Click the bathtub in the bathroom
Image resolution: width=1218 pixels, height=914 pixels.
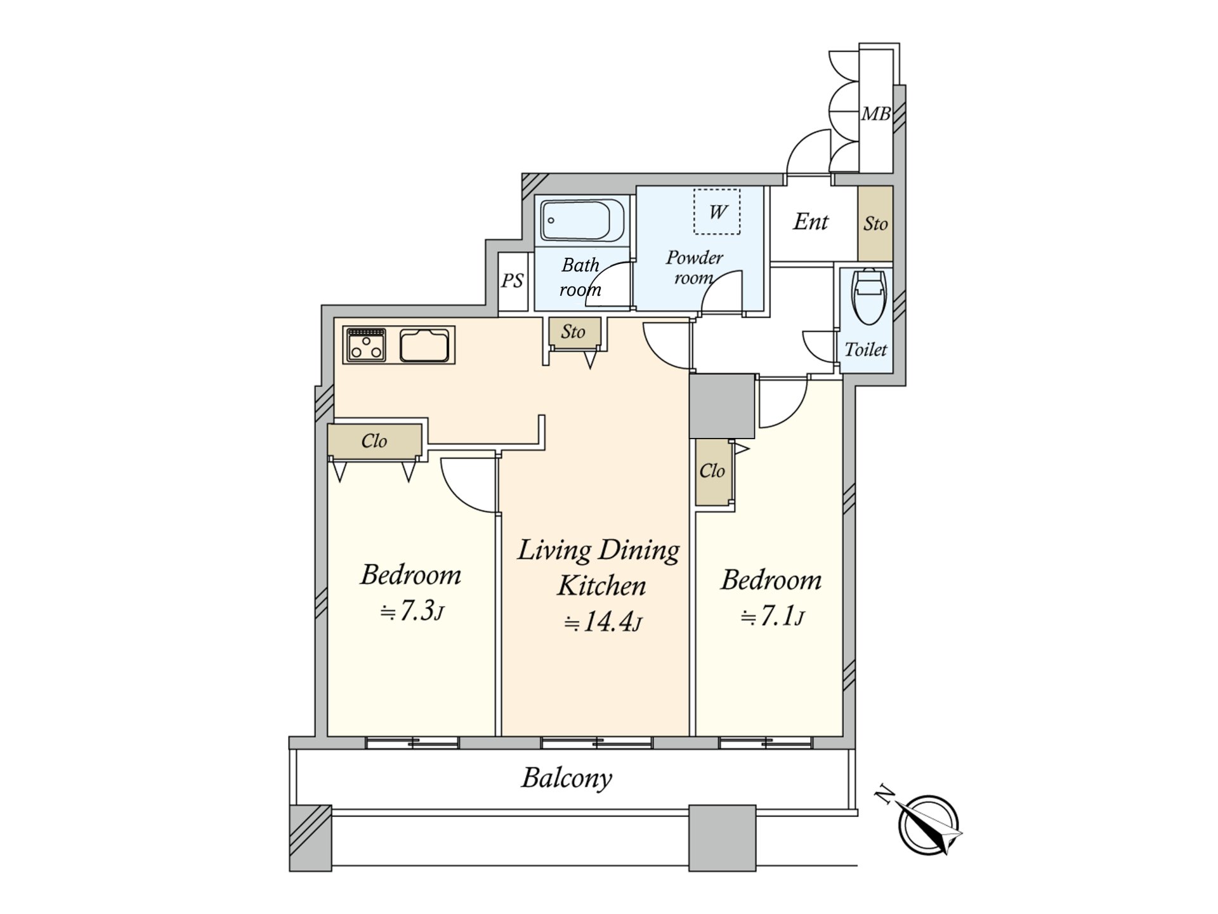point(582,220)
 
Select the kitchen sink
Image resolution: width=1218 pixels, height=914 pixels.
point(424,345)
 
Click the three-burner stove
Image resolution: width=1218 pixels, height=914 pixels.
point(367,345)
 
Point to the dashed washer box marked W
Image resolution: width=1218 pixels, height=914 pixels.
point(717,212)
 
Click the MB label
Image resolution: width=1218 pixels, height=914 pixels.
point(876,114)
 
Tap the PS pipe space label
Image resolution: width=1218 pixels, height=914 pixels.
point(513,281)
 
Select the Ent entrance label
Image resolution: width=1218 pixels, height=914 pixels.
point(811,222)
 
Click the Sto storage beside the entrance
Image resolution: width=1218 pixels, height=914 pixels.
point(875,223)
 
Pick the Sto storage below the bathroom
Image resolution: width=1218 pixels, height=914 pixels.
point(573,331)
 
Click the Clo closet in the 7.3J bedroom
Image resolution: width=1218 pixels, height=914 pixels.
point(374,440)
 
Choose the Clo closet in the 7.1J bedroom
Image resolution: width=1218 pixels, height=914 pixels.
point(712,472)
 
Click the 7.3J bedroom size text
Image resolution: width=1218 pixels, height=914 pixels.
point(412,612)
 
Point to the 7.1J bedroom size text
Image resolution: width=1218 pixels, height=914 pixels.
point(772,616)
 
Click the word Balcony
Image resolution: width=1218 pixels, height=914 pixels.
point(566,778)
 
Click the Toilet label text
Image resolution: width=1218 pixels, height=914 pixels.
point(866,349)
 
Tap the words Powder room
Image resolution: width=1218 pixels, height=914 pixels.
point(694,267)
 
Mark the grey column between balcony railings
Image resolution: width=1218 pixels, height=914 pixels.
point(722,838)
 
